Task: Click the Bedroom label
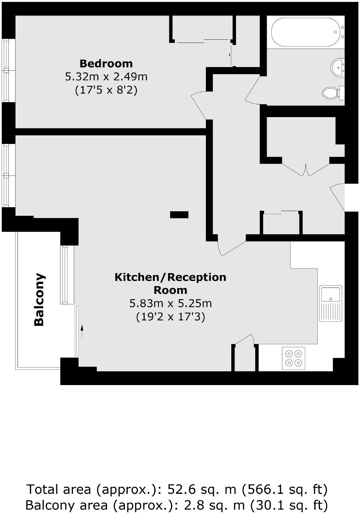(x=106, y=63)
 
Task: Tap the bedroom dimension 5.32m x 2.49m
(x=106, y=77)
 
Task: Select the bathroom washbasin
(x=338, y=67)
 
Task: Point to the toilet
(x=331, y=92)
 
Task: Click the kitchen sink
(x=330, y=303)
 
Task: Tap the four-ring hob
(x=294, y=358)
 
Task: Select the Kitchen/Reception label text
(x=170, y=283)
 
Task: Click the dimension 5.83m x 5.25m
(x=170, y=303)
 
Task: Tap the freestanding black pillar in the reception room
(x=179, y=214)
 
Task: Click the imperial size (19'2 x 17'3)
(x=170, y=317)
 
